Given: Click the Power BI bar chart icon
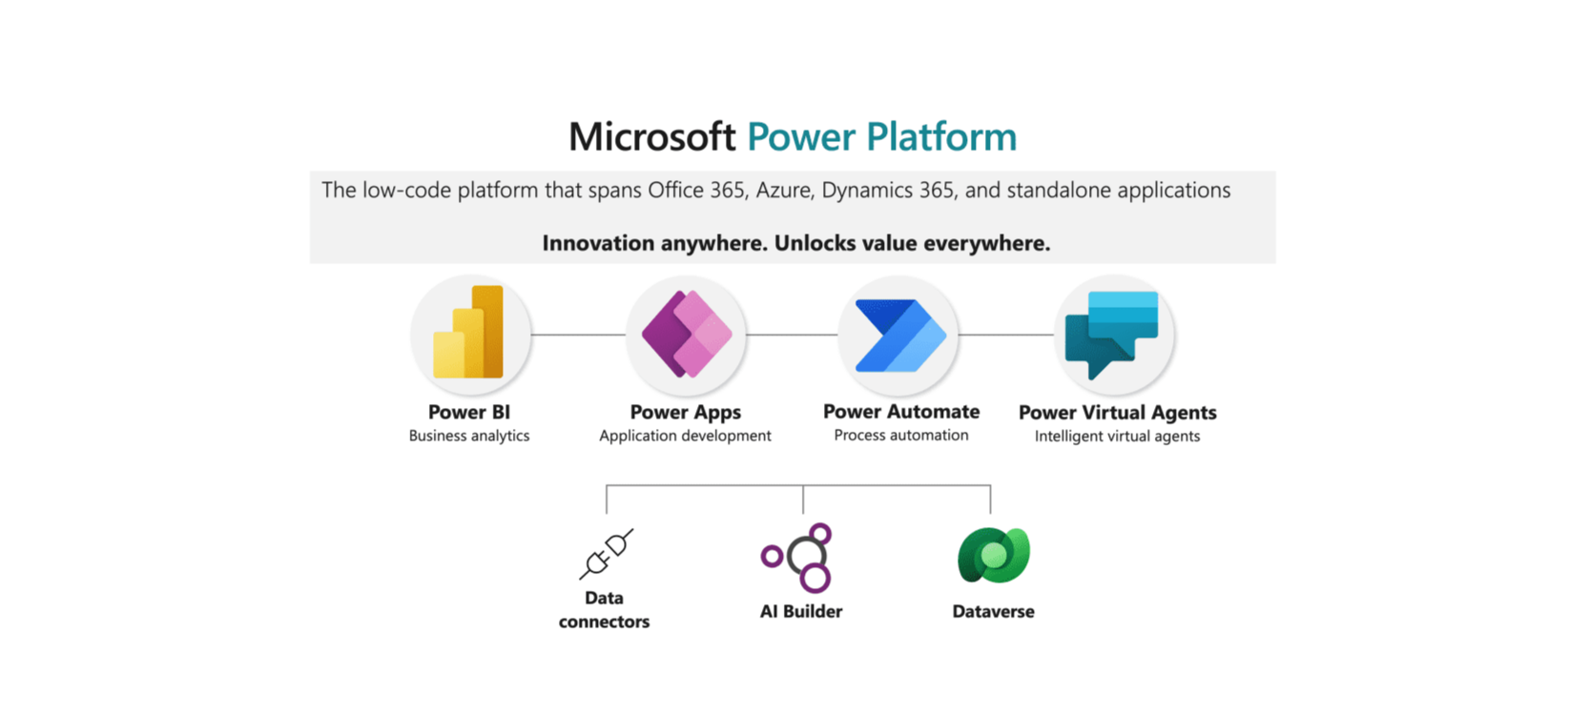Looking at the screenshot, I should click(469, 333).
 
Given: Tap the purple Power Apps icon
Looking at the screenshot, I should click(686, 334).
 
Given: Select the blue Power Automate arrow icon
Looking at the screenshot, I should click(900, 335).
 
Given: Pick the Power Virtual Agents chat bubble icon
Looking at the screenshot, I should click(1113, 334).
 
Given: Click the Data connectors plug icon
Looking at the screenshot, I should click(606, 554).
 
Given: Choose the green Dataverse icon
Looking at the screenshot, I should click(993, 555).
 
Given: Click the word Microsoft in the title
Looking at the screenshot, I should click(652, 137).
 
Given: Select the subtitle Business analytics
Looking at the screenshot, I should click(469, 436).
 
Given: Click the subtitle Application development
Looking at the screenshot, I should click(685, 436).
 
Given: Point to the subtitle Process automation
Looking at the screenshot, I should click(901, 435).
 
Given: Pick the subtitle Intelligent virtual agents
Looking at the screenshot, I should click(1117, 437).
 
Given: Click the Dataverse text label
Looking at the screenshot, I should click(993, 611).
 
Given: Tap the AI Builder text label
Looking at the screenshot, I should click(801, 611).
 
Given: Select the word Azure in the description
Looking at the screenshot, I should click(784, 191).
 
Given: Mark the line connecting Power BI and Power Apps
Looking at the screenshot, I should click(578, 335).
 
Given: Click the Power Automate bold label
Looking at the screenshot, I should click(901, 412).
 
